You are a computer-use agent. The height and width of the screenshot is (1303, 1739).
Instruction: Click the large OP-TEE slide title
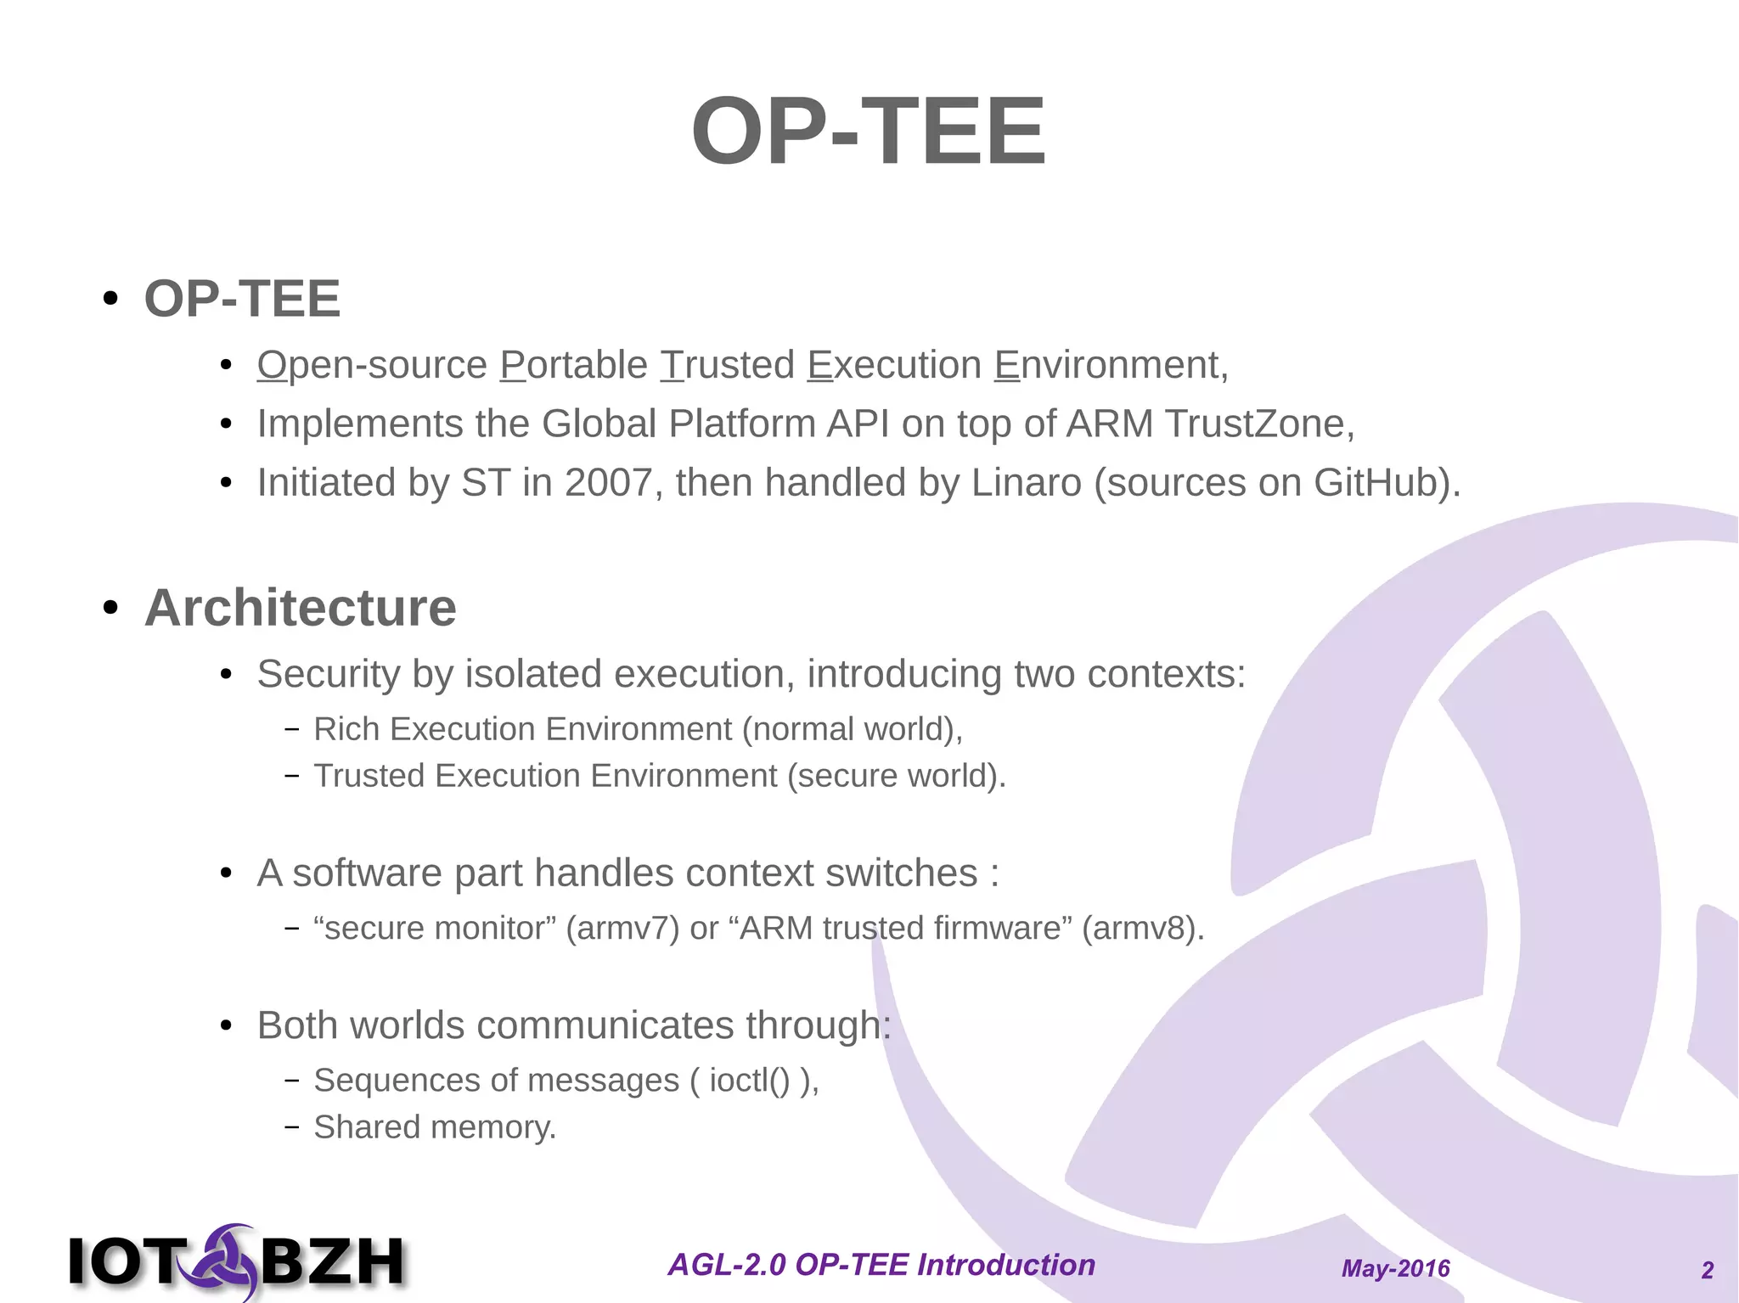[x=868, y=132]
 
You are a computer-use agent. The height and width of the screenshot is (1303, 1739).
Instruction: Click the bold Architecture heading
[x=300, y=608]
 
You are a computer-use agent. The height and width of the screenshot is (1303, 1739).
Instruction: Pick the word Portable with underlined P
[x=574, y=365]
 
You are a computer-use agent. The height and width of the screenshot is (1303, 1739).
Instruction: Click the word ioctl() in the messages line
[x=750, y=1081]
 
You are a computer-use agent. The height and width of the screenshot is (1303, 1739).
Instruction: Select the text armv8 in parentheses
[x=1143, y=929]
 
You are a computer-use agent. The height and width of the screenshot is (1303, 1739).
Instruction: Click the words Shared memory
[x=434, y=1127]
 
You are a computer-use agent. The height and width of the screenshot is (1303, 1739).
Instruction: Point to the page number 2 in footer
[x=1708, y=1270]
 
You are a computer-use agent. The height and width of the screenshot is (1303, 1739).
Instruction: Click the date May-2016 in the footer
[x=1395, y=1268]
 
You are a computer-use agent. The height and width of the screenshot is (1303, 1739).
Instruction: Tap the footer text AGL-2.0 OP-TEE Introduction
[x=881, y=1265]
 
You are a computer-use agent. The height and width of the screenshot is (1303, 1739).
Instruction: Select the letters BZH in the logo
[x=333, y=1262]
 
